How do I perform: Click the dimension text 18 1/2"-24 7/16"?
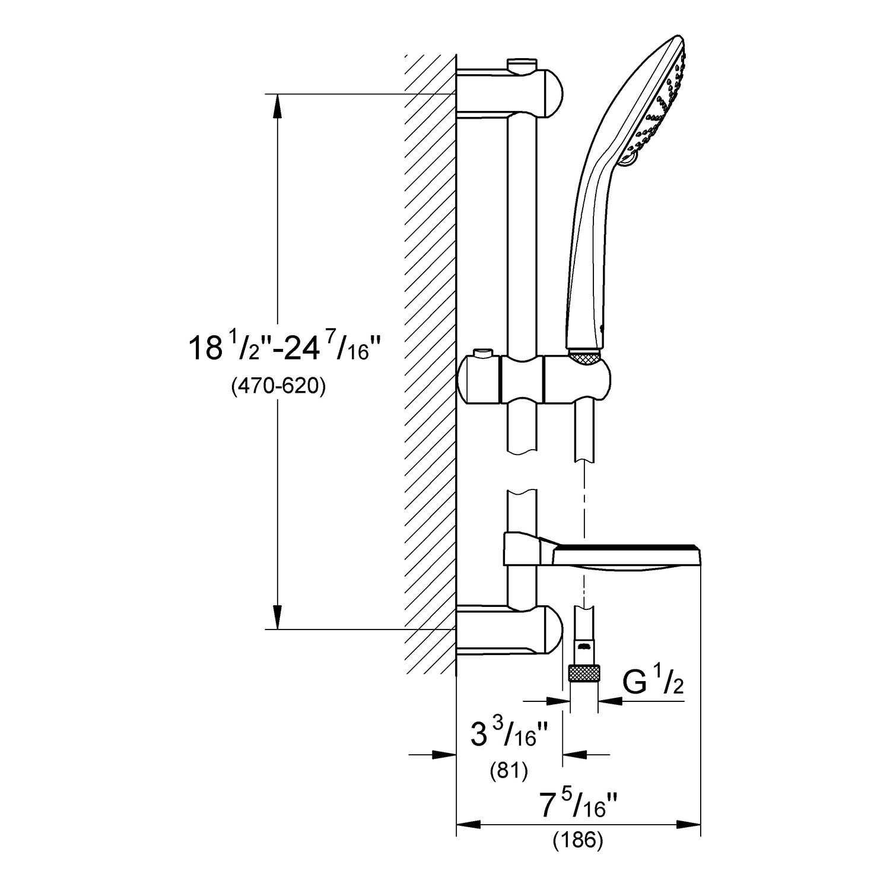(278, 348)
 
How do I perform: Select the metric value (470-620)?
(278, 387)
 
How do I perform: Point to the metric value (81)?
(508, 770)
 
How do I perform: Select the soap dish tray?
(626, 558)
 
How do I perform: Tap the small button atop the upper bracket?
(522, 62)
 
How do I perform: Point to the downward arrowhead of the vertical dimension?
(277, 617)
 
